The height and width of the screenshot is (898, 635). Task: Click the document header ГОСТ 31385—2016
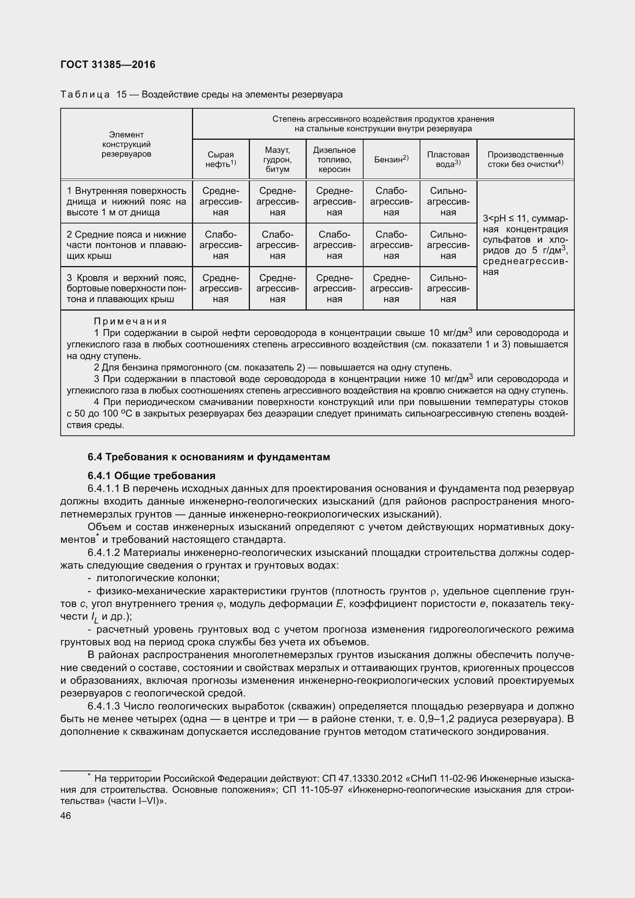(x=108, y=64)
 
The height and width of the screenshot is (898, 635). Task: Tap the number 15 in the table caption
(x=122, y=95)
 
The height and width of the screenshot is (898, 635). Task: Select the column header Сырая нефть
(x=220, y=160)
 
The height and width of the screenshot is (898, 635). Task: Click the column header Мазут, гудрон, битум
(x=277, y=160)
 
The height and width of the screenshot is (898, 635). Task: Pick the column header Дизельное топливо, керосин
(x=334, y=160)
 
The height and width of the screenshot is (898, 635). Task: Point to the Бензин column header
(x=391, y=159)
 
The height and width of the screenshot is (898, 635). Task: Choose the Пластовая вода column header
(x=448, y=160)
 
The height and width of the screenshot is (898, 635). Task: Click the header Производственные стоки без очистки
(x=525, y=160)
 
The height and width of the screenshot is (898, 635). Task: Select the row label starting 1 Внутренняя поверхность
(x=126, y=202)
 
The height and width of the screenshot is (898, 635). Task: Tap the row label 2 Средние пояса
(x=126, y=245)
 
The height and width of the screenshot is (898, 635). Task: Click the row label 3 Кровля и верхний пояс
(x=126, y=289)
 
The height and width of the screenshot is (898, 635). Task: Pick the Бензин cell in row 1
(x=391, y=202)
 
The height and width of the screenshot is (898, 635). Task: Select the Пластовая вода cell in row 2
(x=448, y=245)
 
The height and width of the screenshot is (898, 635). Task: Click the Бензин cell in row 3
(x=391, y=289)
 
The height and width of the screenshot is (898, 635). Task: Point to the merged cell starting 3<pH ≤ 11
(x=525, y=245)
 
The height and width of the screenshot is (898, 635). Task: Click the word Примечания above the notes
(x=130, y=321)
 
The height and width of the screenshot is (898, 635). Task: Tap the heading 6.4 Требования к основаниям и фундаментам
(x=209, y=457)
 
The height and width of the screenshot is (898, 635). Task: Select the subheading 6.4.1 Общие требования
(x=152, y=476)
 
